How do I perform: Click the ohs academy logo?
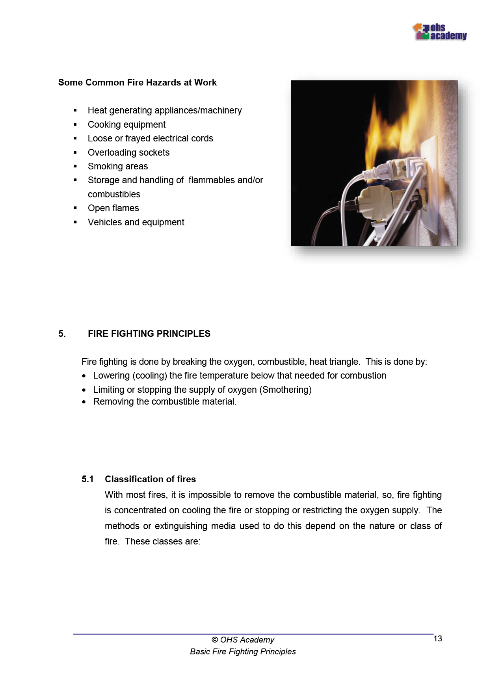point(440,32)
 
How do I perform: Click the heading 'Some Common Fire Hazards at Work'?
point(137,82)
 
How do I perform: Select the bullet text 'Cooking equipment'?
point(126,124)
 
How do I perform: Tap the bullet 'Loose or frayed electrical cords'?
point(150,138)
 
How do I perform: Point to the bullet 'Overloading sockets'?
point(128,152)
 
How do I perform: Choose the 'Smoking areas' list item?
point(118,166)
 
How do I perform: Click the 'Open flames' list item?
point(113,208)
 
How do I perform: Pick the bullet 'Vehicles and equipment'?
point(136,222)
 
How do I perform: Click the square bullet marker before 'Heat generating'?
point(75,111)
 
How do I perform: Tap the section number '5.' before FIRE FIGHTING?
point(62,334)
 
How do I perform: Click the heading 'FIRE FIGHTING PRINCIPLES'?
point(149,334)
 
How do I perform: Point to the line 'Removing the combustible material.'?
point(165,401)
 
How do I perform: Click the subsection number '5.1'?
point(87,479)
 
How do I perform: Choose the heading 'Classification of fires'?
point(150,479)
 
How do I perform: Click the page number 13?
point(437,639)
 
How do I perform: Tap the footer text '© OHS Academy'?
point(243,640)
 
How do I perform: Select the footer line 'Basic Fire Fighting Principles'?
point(243,652)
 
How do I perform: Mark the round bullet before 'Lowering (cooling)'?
point(84,376)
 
